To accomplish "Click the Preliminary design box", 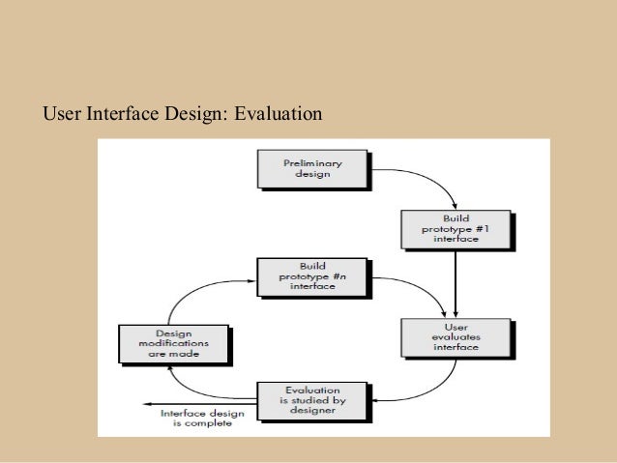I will click(x=311, y=167).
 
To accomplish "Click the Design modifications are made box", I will click(x=173, y=343).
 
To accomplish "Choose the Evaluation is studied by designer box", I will click(x=311, y=399).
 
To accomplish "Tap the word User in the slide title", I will click(x=62, y=116).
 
